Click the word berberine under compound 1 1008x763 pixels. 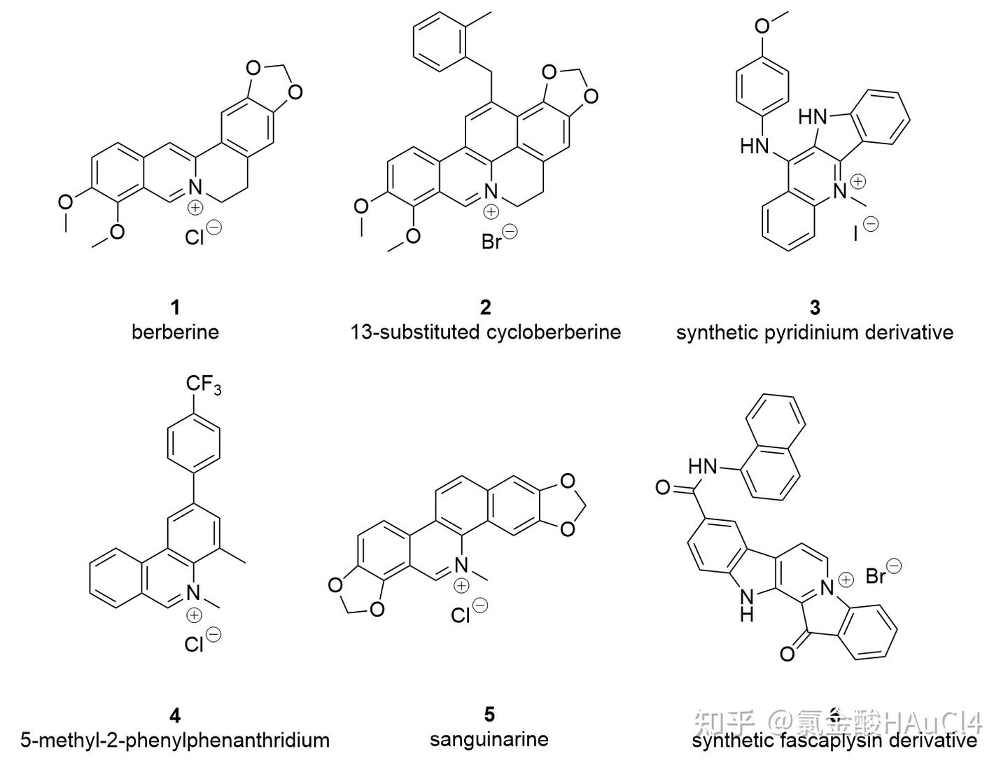(x=175, y=331)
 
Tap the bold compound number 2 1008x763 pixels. (x=486, y=307)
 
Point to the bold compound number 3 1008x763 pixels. (x=815, y=307)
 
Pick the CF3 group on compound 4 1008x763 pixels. (x=203, y=386)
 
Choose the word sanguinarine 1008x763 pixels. (x=489, y=738)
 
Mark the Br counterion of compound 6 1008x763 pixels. (x=876, y=576)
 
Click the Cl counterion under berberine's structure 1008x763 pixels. (x=195, y=237)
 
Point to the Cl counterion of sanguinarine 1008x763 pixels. (x=461, y=615)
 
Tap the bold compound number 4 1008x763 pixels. (x=175, y=715)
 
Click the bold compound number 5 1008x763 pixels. (x=489, y=714)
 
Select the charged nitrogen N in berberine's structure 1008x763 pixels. (x=195, y=187)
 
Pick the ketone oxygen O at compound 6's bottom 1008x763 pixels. (x=787, y=654)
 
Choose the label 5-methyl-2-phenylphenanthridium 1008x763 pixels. (x=175, y=740)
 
